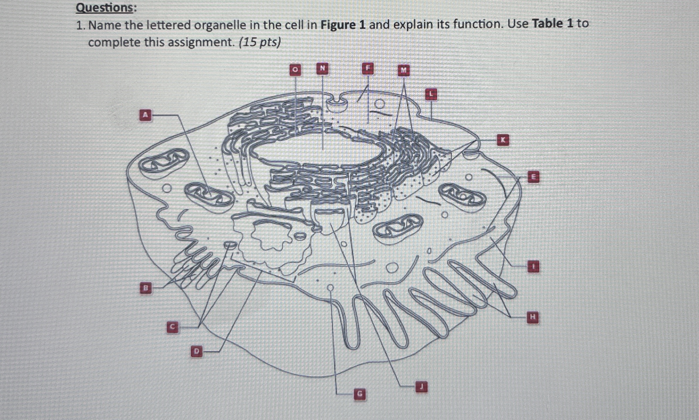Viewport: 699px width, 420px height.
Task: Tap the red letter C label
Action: point(173,327)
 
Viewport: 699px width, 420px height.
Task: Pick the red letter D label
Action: point(197,351)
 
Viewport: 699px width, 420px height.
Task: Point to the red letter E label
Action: point(533,177)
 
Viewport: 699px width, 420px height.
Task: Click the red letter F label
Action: point(368,69)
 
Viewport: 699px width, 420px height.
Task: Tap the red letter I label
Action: point(533,266)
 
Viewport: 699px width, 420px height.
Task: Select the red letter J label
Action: point(421,387)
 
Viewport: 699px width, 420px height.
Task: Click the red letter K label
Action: point(503,140)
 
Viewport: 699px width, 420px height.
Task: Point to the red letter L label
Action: point(431,94)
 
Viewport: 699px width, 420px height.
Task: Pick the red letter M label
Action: point(404,70)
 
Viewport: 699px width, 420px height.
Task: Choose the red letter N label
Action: point(322,68)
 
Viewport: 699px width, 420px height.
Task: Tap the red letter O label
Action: point(295,70)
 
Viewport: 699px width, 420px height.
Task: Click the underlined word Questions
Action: point(104,8)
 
